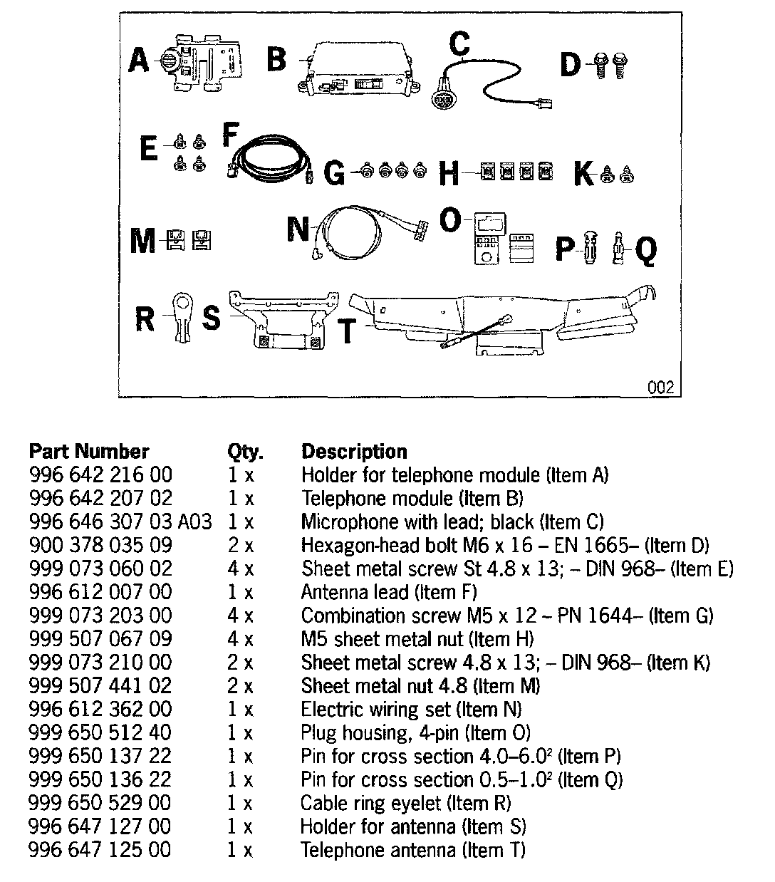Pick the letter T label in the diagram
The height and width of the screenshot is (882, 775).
(x=347, y=332)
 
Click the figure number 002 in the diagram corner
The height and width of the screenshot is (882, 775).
(x=660, y=388)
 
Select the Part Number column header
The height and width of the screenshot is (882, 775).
(x=89, y=452)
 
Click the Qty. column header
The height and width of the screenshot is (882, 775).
(x=245, y=452)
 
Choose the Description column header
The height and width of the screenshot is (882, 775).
(x=354, y=452)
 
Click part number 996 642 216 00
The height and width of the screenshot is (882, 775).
(x=100, y=475)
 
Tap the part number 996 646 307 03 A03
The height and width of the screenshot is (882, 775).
(x=120, y=522)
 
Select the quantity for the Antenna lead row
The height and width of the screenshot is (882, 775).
(x=241, y=592)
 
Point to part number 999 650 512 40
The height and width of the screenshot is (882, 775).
(x=100, y=732)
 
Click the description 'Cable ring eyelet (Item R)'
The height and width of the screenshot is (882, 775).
(x=405, y=803)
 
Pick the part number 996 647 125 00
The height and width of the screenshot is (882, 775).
(x=100, y=850)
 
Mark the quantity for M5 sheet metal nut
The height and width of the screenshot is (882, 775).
(x=241, y=639)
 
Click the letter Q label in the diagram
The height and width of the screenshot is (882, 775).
(x=645, y=251)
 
